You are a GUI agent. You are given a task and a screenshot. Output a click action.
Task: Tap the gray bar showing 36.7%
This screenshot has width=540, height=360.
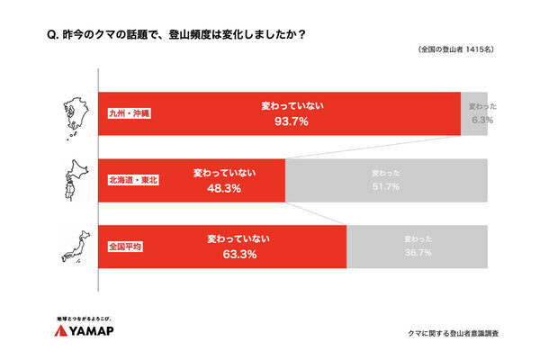418,247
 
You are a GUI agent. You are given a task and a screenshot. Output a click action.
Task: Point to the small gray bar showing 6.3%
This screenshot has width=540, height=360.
474,113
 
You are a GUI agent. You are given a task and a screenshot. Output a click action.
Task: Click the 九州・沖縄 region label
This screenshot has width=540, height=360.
130,114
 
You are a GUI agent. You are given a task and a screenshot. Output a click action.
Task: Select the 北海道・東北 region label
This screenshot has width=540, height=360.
132,180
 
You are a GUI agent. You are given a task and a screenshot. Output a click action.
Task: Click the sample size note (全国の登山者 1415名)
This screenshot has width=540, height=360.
458,50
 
